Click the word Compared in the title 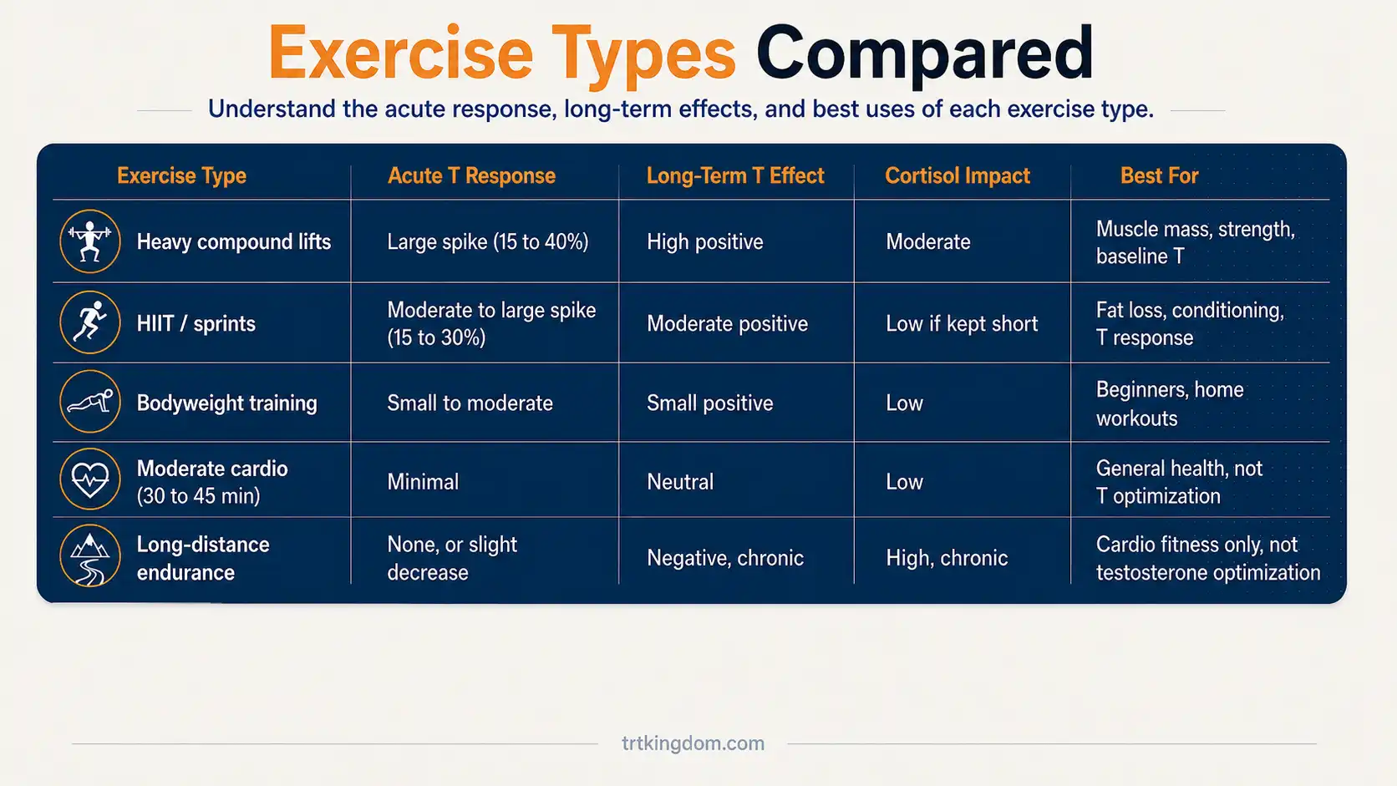pos(925,54)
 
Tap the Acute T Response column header pos(471,175)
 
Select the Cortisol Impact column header pos(958,175)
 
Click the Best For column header pos(1160,175)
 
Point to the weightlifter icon pos(89,241)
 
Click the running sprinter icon pos(89,322)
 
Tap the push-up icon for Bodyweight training pos(89,402)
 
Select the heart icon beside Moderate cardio pos(89,479)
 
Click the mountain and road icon pos(89,556)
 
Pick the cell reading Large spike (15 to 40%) pos(488,242)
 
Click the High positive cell pos(704,242)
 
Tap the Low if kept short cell pos(962,323)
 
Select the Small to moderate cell pos(470,403)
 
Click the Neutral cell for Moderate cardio pos(680,482)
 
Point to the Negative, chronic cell pos(724,558)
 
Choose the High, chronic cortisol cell pos(947,558)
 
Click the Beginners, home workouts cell pos(1170,404)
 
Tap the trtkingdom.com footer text pos(693,743)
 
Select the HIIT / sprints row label pos(196,323)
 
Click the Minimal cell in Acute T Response pos(423,482)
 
